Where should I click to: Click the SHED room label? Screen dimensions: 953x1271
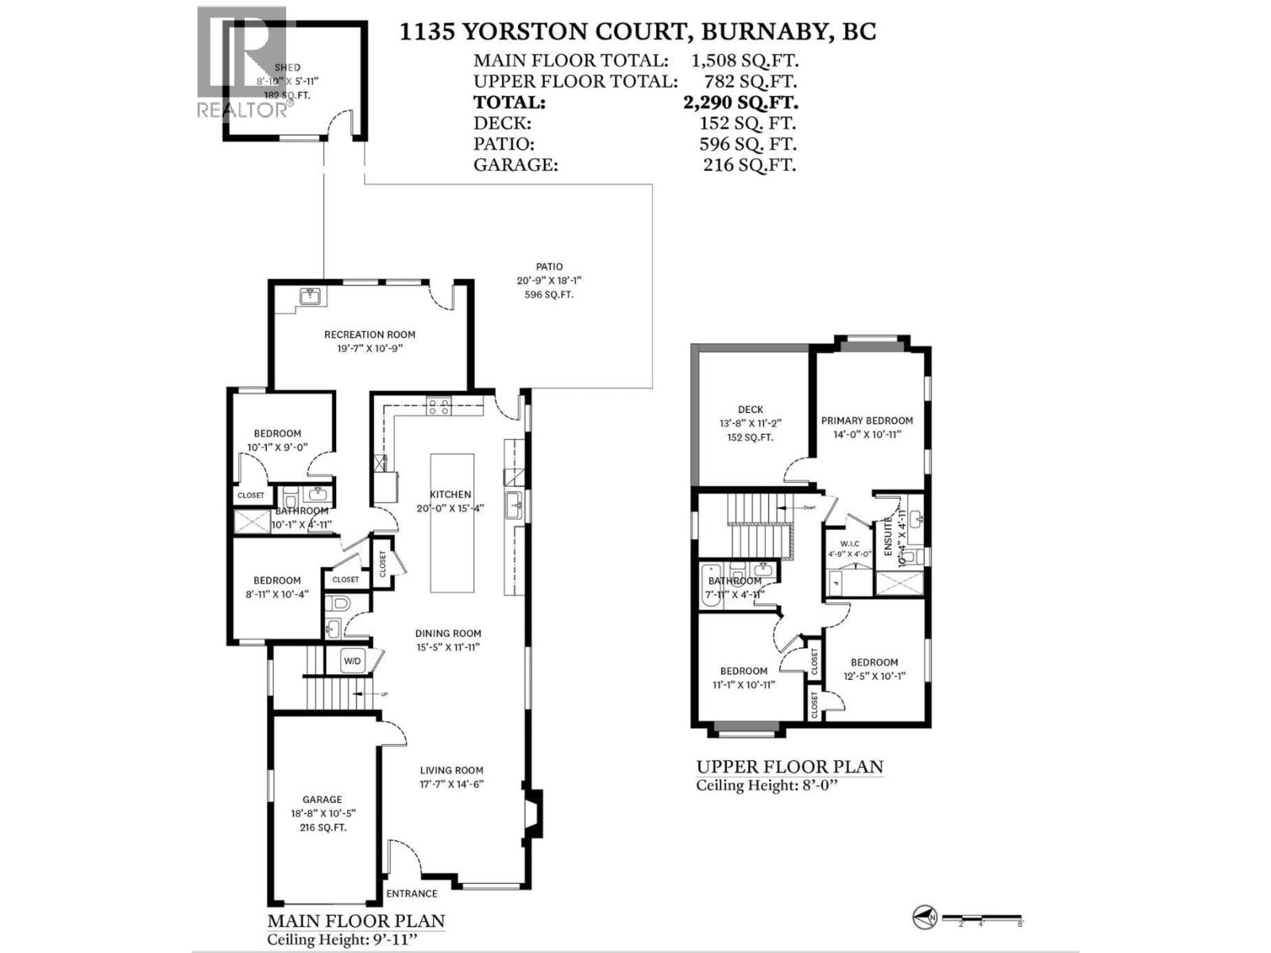pos(287,68)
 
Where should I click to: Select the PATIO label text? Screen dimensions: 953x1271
pos(549,267)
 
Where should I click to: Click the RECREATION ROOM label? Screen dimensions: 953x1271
pos(369,334)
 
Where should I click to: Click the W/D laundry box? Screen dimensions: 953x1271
pos(352,661)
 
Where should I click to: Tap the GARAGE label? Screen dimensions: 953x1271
pos(322,800)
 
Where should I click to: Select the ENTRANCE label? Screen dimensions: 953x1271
pos(411,893)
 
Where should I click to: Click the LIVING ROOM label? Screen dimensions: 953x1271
pos(451,770)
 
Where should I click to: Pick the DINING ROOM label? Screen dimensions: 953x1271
pos(448,633)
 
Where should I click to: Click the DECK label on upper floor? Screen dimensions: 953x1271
pos(750,410)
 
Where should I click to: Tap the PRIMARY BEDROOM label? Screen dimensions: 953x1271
pos(867,420)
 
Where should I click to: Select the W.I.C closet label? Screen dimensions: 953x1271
pos(849,544)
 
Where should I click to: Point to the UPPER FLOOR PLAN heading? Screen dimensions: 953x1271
pos(790,766)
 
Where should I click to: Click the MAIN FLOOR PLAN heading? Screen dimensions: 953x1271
pos(356,921)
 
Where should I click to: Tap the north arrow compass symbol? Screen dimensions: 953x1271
pos(924,918)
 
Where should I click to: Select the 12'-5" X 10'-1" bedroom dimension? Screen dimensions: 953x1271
pos(874,677)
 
